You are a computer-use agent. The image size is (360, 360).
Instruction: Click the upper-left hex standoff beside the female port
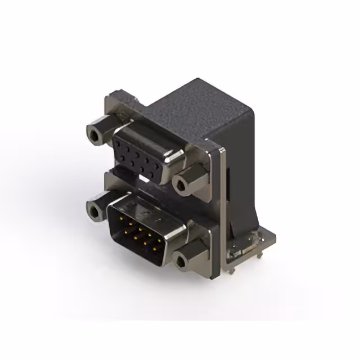(x=96, y=133)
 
